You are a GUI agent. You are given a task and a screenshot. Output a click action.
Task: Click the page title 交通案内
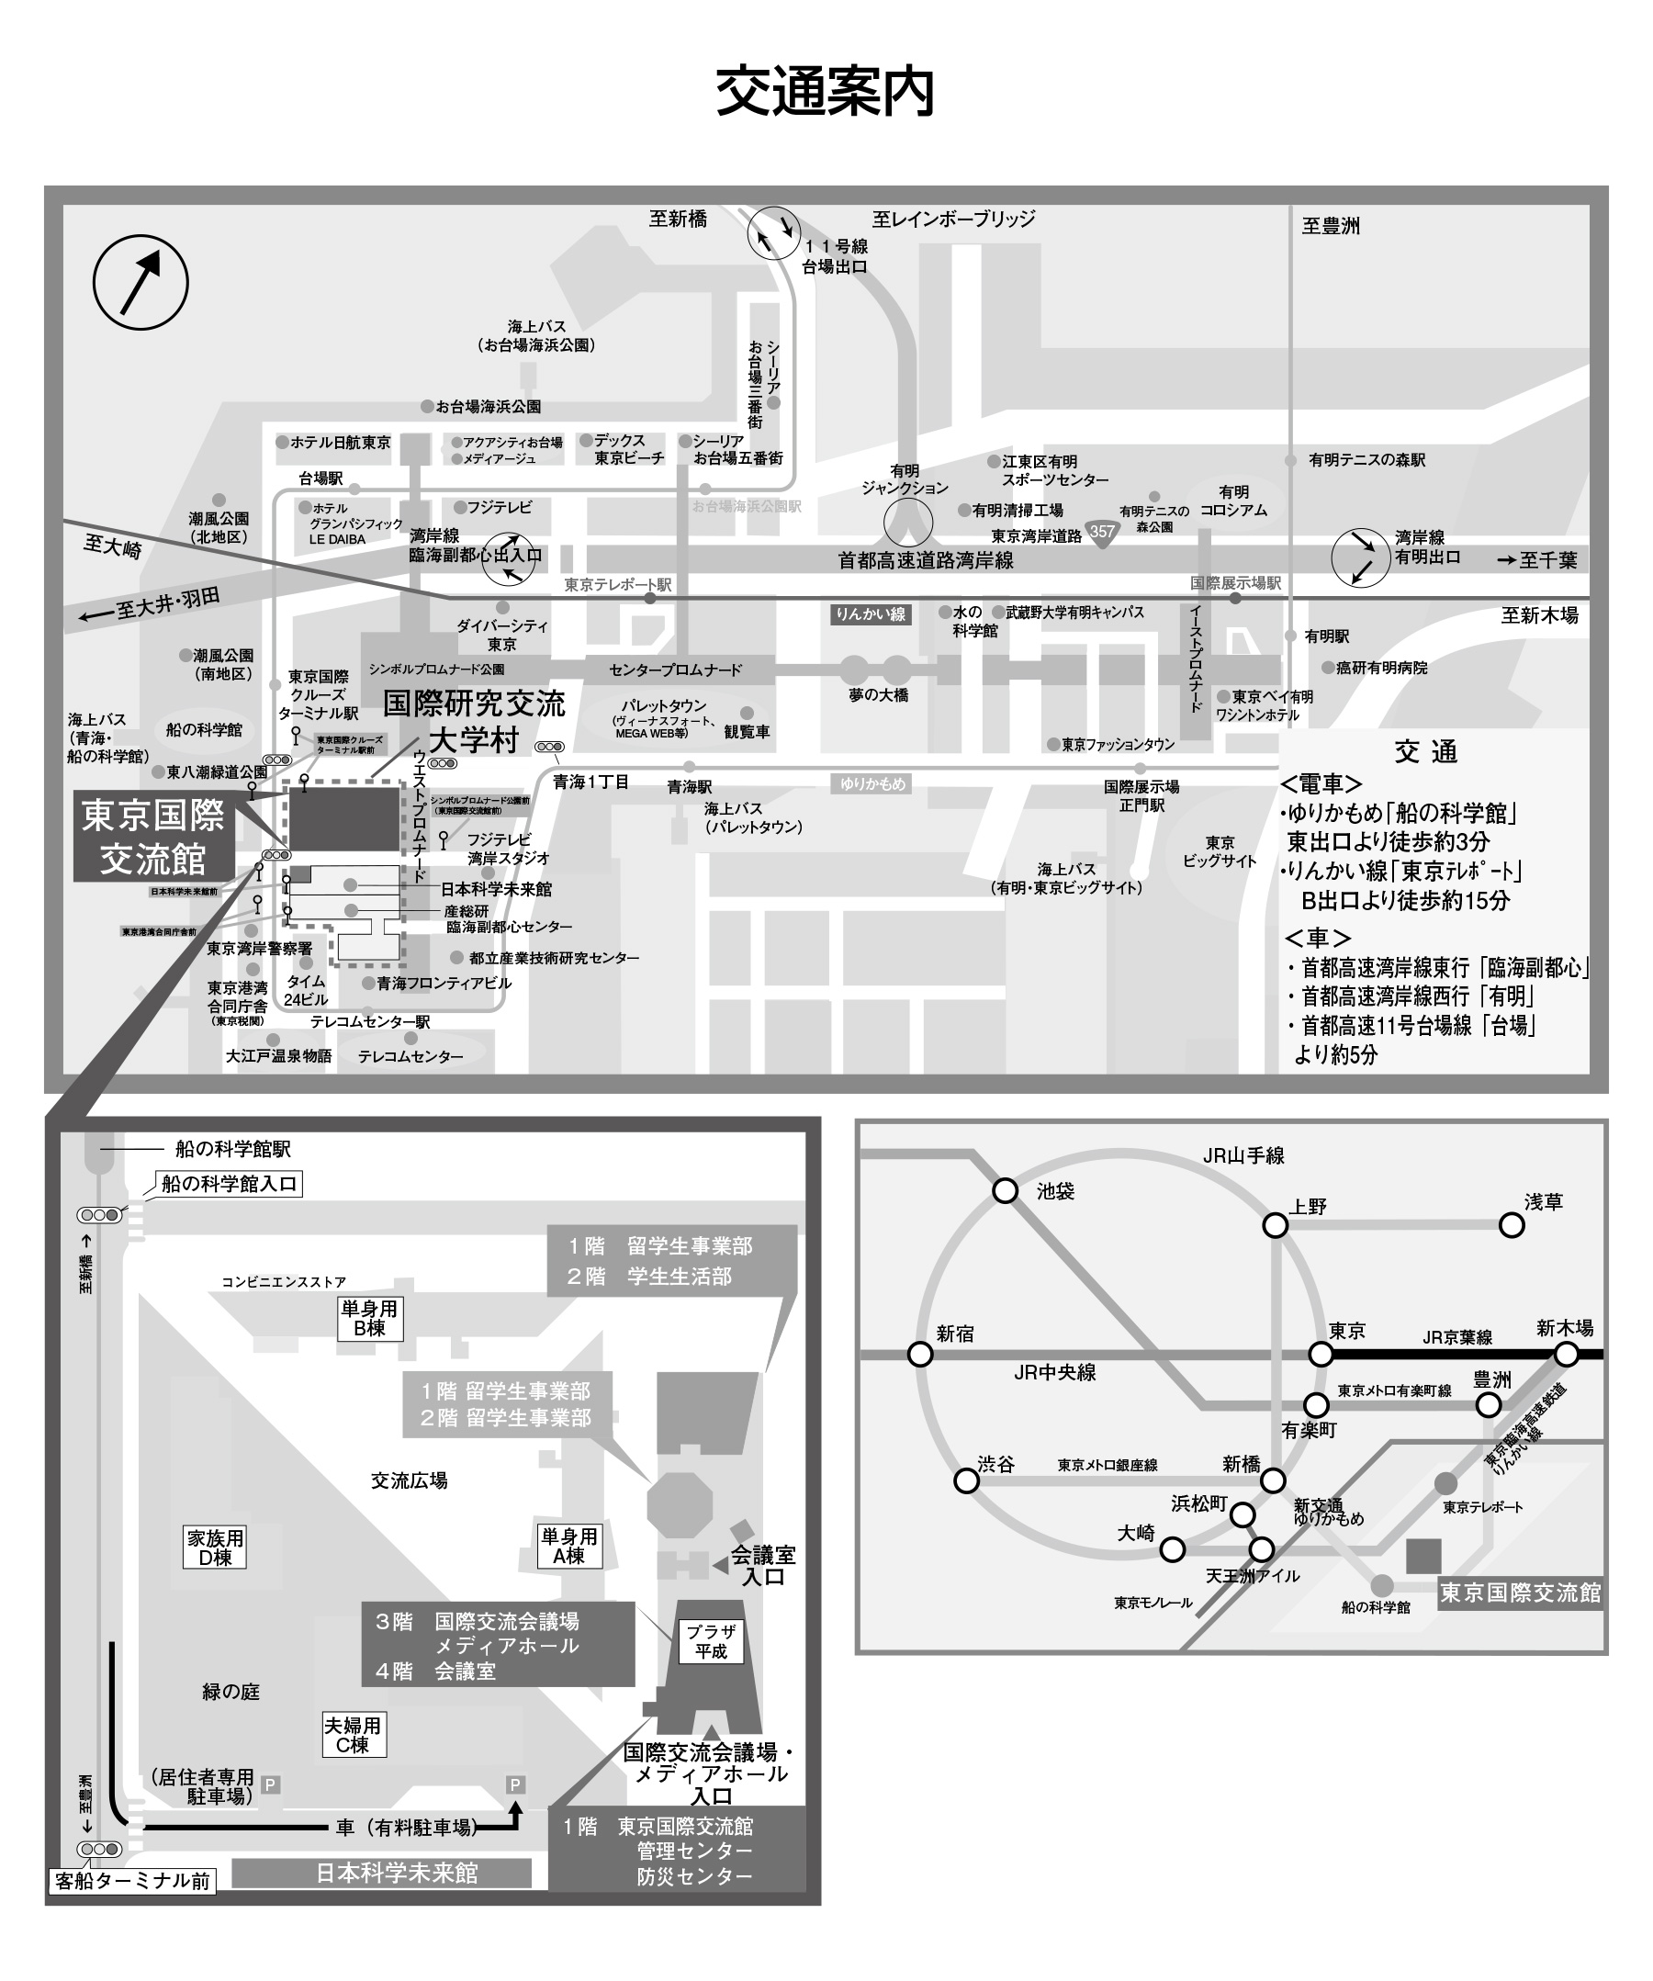tap(825, 93)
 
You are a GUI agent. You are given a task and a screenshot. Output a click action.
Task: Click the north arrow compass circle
tap(141, 282)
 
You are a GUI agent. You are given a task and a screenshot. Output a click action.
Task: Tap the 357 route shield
tap(1101, 531)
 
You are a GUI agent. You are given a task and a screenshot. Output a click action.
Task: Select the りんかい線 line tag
tap(870, 615)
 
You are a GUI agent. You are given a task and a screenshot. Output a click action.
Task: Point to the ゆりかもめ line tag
tap(872, 783)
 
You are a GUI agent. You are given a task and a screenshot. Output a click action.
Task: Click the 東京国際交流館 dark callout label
tap(152, 838)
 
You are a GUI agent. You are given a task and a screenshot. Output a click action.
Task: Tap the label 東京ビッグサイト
tap(1219, 852)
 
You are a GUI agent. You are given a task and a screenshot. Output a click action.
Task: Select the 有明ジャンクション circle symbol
tap(907, 523)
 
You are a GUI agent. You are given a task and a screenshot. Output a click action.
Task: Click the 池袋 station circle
tap(1006, 1190)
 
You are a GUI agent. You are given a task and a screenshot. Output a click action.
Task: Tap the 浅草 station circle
tap(1512, 1225)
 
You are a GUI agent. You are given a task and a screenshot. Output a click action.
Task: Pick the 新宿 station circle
tap(920, 1355)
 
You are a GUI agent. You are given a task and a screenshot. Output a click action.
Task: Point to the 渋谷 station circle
tap(966, 1481)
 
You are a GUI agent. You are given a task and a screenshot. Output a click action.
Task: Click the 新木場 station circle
tap(1566, 1355)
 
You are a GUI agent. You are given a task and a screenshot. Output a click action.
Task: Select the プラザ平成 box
tap(711, 1642)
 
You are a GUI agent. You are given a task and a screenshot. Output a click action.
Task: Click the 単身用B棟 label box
tap(370, 1318)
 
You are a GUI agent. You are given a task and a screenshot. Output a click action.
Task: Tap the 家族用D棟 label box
tap(215, 1548)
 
